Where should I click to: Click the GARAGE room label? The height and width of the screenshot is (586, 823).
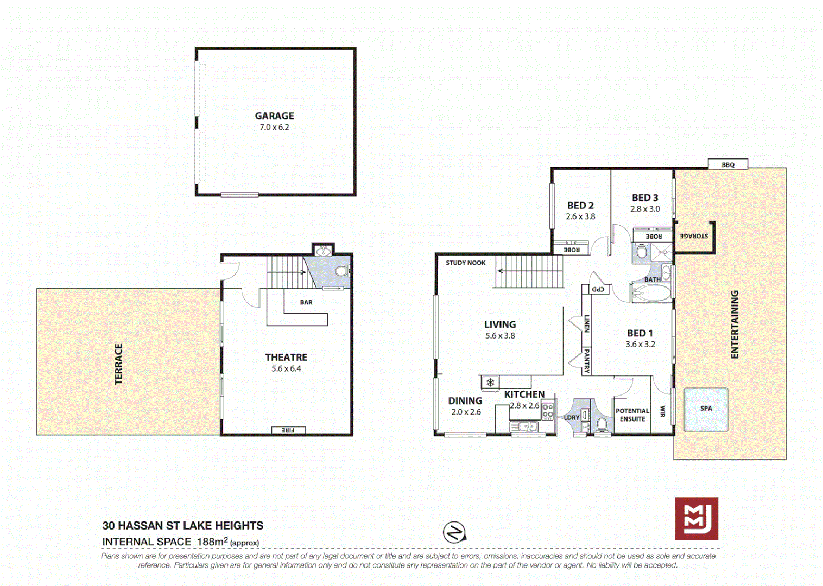coord(274,116)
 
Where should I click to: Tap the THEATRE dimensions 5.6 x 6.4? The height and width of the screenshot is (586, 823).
coord(286,368)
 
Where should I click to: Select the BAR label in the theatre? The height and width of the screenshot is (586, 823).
coord(306,302)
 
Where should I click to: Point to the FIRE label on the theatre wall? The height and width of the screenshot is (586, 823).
coord(288,430)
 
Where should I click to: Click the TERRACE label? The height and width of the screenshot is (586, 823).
coord(118,364)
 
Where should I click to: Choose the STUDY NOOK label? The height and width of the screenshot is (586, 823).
coord(465,263)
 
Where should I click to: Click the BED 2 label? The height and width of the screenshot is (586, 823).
coord(580,206)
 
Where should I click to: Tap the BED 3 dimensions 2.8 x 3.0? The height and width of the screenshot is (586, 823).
coord(645,209)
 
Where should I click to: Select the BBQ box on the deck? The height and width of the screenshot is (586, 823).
coord(728,164)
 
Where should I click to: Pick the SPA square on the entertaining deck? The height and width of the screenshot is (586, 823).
coord(706,409)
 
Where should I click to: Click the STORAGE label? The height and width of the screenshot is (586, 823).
coord(694,236)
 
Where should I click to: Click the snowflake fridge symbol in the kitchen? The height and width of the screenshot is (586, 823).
coord(490,383)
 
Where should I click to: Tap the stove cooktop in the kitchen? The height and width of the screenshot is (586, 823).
coord(548,411)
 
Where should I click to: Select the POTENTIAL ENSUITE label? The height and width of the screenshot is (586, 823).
coord(632,415)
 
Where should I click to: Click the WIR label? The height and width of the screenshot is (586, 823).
coord(662,411)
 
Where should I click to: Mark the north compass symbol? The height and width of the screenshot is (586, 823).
coord(454,532)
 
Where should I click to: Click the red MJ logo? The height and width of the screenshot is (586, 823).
coord(697,519)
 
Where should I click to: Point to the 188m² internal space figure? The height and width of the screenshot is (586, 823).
coord(212,542)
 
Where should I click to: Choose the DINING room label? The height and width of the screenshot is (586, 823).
coord(465,401)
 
